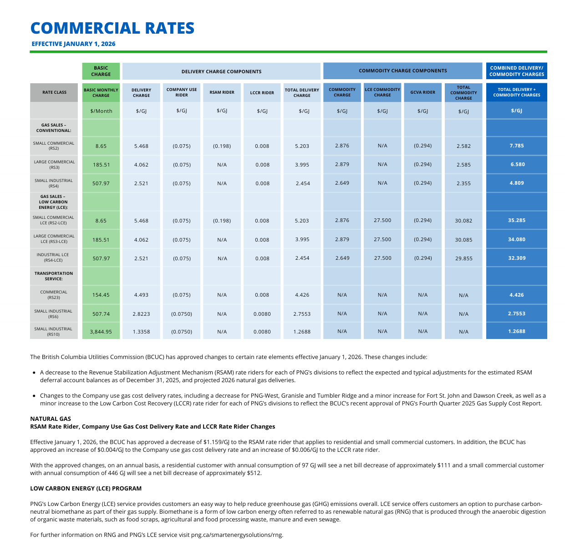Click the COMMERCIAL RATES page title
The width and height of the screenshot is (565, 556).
click(112, 28)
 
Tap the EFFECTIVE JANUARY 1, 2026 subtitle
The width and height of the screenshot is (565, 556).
click(73, 44)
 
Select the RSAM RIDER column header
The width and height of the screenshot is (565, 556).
click(222, 92)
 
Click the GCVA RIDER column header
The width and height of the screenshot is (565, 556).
click(422, 92)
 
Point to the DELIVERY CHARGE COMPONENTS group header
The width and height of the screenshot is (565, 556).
click(221, 71)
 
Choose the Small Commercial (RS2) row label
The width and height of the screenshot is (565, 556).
click(54, 146)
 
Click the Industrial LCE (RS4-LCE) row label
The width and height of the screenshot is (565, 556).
click(54, 258)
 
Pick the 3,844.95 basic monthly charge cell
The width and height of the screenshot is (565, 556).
click(101, 332)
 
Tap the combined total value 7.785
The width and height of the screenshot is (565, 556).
click(516, 146)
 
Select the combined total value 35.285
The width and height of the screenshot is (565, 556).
click(516, 220)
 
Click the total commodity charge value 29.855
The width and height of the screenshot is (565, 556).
click(463, 258)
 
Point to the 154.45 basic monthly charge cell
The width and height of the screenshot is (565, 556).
click(101, 295)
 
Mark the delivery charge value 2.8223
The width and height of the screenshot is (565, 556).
click(141, 313)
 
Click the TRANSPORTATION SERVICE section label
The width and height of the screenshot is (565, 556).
click(54, 276)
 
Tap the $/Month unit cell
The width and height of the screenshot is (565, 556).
click(101, 111)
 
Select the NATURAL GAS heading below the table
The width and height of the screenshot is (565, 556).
click(51, 419)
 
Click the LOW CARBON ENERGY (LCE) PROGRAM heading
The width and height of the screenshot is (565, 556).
click(86, 488)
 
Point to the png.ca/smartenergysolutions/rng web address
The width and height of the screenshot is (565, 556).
click(236, 535)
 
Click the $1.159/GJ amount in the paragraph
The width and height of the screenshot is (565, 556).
click(218, 442)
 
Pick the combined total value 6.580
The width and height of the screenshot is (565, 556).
click(517, 164)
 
